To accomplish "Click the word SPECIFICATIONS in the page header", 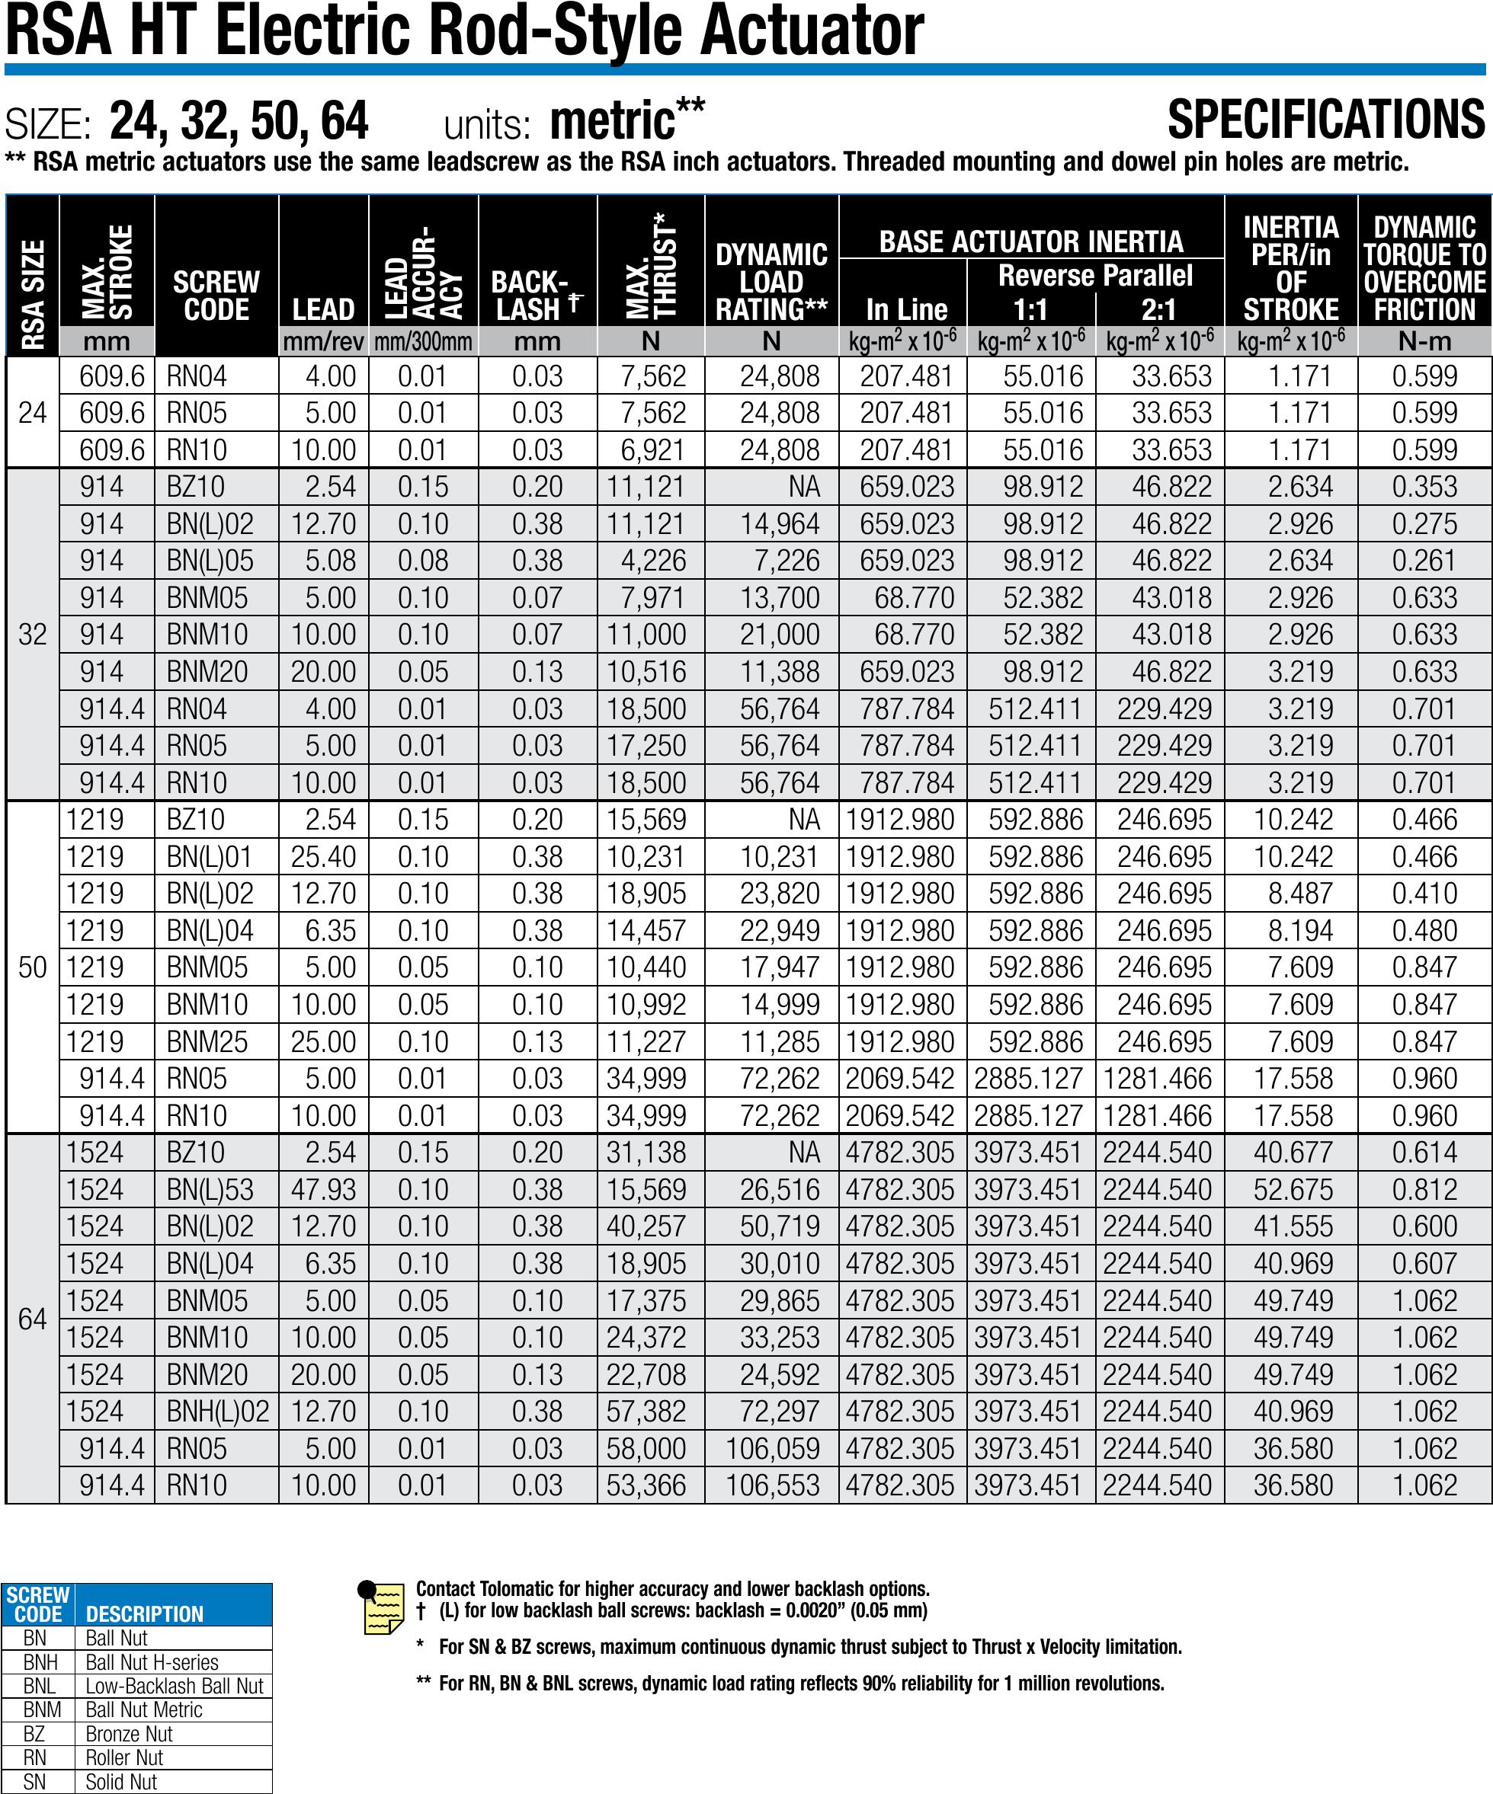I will (1325, 120).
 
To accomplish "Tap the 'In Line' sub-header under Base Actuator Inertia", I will (906, 309).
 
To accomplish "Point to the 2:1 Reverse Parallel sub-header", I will (1159, 309).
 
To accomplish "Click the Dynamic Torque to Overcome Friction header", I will (1424, 268).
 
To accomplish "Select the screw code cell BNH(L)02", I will (218, 1412).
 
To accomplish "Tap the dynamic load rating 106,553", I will (773, 1485).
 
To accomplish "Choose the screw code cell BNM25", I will (207, 1042).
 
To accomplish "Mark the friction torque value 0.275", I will (1424, 523).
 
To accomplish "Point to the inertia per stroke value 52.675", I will (1293, 1190).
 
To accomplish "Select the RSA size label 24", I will (33, 414).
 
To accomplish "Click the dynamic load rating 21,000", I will (780, 635).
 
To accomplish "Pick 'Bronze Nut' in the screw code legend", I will (129, 1734).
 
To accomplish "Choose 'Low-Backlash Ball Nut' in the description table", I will (175, 1687).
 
